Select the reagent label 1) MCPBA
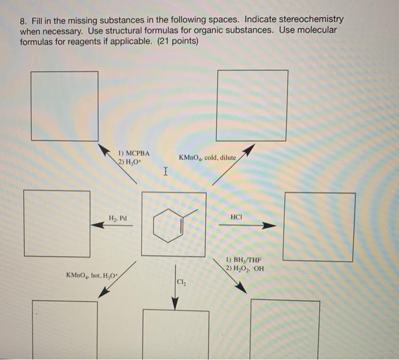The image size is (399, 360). click(134, 154)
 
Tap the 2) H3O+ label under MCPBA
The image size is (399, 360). click(129, 162)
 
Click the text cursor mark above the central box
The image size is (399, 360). click(165, 170)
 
